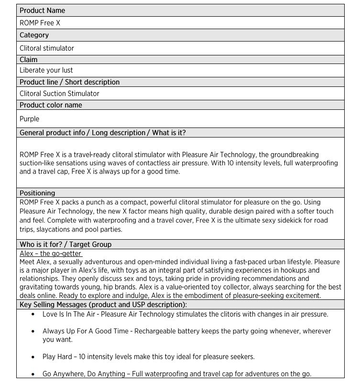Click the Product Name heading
[x=42, y=11]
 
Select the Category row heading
[x=34, y=35]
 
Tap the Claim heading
[x=28, y=60]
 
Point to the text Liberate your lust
[x=46, y=71]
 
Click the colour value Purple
[x=29, y=119]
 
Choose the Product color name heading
[x=51, y=105]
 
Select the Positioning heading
[x=37, y=193]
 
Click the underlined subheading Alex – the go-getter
[x=51, y=254]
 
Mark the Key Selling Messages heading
[x=103, y=305]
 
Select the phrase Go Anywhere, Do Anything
[x=84, y=373]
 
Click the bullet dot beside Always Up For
[x=33, y=331]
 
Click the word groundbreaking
[x=293, y=155]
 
